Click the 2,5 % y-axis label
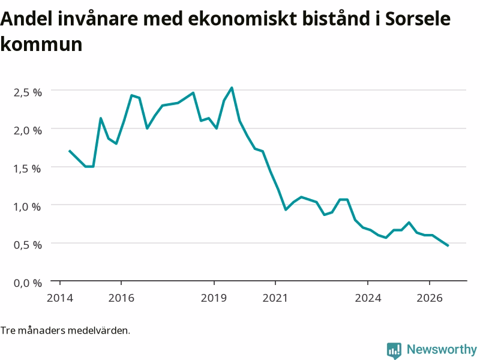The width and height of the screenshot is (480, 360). pyautogui.click(x=28, y=92)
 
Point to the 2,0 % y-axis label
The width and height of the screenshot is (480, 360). pyautogui.click(x=28, y=130)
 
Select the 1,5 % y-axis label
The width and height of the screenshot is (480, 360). pyautogui.click(x=27, y=169)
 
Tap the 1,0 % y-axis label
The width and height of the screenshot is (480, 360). pyautogui.click(x=27, y=206)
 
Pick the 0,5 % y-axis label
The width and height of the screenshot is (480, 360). pyautogui.click(x=28, y=245)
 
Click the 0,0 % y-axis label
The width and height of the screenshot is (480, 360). pyautogui.click(x=28, y=283)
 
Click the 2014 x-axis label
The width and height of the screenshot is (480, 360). pyautogui.click(x=59, y=298)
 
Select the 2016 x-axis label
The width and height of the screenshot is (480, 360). pyautogui.click(x=121, y=298)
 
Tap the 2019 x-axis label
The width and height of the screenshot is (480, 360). pyautogui.click(x=214, y=298)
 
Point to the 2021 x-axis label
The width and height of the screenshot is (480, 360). pyautogui.click(x=275, y=298)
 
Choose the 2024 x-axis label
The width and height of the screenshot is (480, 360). pyautogui.click(x=368, y=298)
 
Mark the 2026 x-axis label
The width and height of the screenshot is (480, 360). pyautogui.click(x=430, y=298)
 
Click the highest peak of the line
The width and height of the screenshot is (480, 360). pyautogui.click(x=232, y=88)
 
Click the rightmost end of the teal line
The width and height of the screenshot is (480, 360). pyautogui.click(x=448, y=245)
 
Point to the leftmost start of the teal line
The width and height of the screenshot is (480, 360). pyautogui.click(x=70, y=151)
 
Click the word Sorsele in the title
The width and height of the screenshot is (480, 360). pyautogui.click(x=418, y=19)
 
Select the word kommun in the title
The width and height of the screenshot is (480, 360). pyautogui.click(x=41, y=44)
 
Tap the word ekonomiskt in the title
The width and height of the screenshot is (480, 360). pyautogui.click(x=242, y=19)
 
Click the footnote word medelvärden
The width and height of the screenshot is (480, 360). pyautogui.click(x=98, y=331)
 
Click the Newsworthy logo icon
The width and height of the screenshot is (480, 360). pyautogui.click(x=394, y=350)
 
